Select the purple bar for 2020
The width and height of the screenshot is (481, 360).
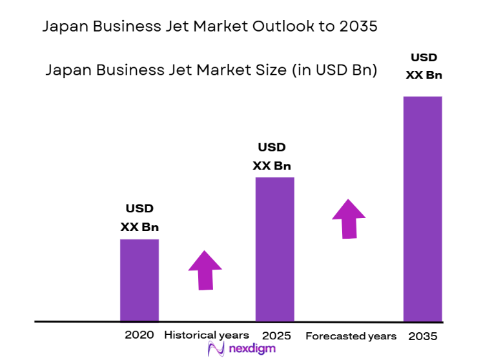point(139,280)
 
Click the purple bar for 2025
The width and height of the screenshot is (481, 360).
point(275,249)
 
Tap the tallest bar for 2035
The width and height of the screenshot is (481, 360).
point(423,208)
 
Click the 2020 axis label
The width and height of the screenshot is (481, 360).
point(139,335)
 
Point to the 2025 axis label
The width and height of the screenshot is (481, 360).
point(276,335)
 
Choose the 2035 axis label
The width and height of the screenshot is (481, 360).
point(423,336)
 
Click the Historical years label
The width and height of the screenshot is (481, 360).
point(207,335)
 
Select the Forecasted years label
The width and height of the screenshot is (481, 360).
point(351,336)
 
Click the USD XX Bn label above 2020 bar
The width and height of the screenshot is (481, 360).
point(139,217)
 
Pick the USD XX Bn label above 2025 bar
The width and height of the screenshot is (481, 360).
point(272,157)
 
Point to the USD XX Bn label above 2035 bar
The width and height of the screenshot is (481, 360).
point(424,65)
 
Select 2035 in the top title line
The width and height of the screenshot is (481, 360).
point(357,27)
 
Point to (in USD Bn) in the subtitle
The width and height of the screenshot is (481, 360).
point(335,70)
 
